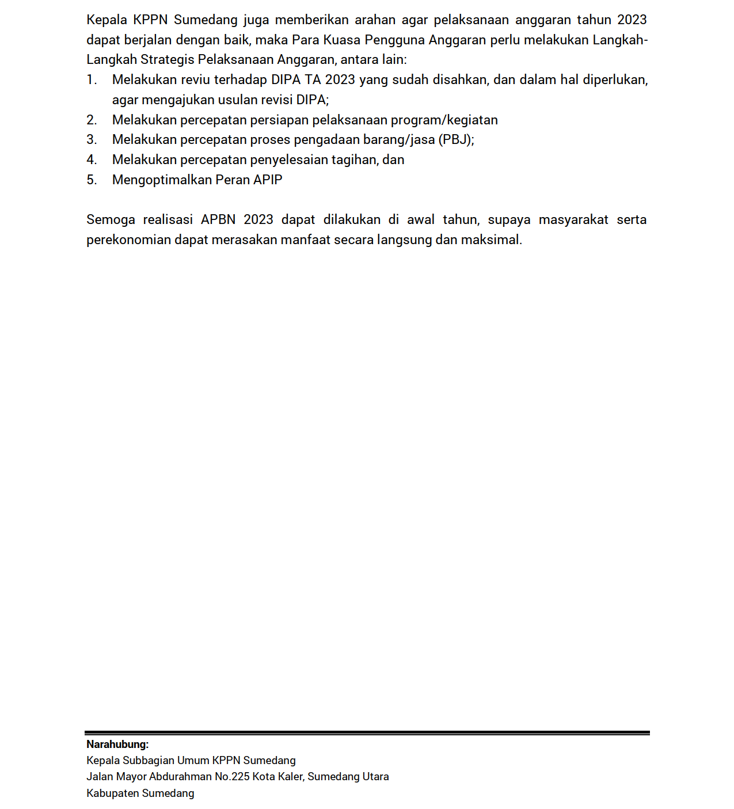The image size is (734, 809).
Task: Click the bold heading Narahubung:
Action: click(x=117, y=745)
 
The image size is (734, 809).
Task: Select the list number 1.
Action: click(x=92, y=80)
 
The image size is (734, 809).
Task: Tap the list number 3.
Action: click(x=92, y=140)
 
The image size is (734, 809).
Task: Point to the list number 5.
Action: click(x=92, y=180)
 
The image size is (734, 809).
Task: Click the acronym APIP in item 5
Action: click(x=268, y=180)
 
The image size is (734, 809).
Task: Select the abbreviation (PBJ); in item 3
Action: click(x=456, y=140)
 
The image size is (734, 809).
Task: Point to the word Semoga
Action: click(x=111, y=220)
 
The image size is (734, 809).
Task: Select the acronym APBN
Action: click(x=218, y=220)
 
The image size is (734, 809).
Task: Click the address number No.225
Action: click(x=232, y=777)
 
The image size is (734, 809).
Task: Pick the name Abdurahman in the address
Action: click(x=180, y=777)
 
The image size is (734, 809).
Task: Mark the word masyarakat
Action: click(x=573, y=220)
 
